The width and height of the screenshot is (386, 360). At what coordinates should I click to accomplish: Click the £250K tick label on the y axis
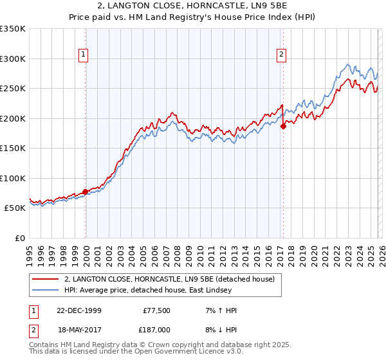coord(13,89)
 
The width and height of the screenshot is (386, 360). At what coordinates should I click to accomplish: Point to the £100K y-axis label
coord(13,178)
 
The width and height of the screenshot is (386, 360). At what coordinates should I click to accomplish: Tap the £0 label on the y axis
coord(19,239)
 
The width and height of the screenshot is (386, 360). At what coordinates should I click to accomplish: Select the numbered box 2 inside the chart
coord(282,55)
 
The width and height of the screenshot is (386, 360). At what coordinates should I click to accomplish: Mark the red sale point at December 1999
coord(86,192)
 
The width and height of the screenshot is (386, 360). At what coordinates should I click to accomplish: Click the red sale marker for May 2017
coord(283,126)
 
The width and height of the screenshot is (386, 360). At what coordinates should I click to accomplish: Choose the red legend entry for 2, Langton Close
coord(169,279)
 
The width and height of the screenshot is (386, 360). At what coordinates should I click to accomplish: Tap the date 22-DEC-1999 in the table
coord(78,310)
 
